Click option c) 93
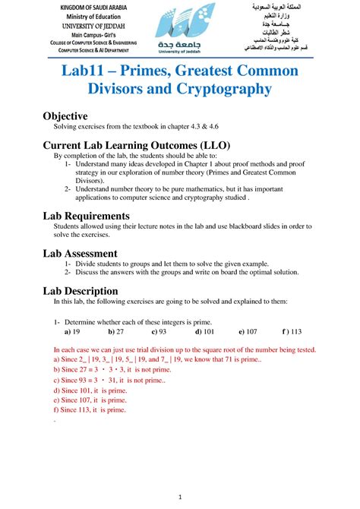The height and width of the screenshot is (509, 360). (159, 332)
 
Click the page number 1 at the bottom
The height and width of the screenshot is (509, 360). (180, 498)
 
